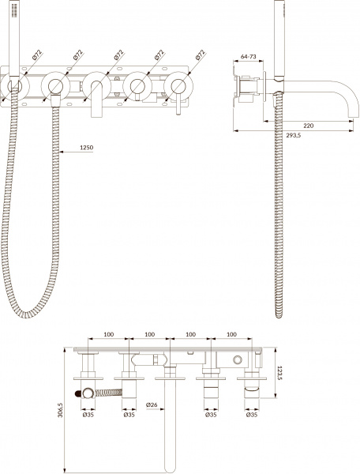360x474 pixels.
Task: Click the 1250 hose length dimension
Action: point(88,147)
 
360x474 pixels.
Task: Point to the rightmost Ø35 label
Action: point(251,412)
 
